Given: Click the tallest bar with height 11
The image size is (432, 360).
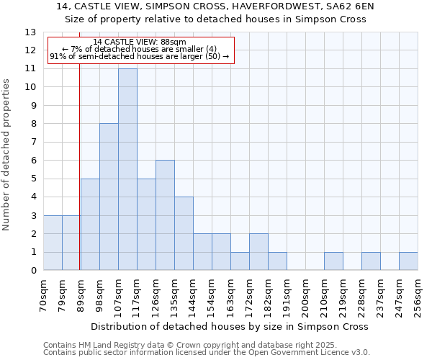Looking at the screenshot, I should point(127,169).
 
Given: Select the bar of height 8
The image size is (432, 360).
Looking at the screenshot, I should point(109,197).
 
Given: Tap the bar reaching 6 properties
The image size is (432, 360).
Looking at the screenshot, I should point(165,215).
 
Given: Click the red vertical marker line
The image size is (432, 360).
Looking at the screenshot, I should point(79,180).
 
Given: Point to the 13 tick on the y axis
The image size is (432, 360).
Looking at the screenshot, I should point(30,32).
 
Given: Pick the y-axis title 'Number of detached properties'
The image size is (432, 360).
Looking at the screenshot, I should point(6,155).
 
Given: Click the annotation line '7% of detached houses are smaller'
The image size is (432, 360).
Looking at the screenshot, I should point(140,49).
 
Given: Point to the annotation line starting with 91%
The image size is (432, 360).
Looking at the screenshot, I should point(140,56).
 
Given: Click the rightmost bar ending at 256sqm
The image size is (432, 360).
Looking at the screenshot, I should point(408,261).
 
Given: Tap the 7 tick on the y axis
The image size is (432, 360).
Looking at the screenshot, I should point(30,142).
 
